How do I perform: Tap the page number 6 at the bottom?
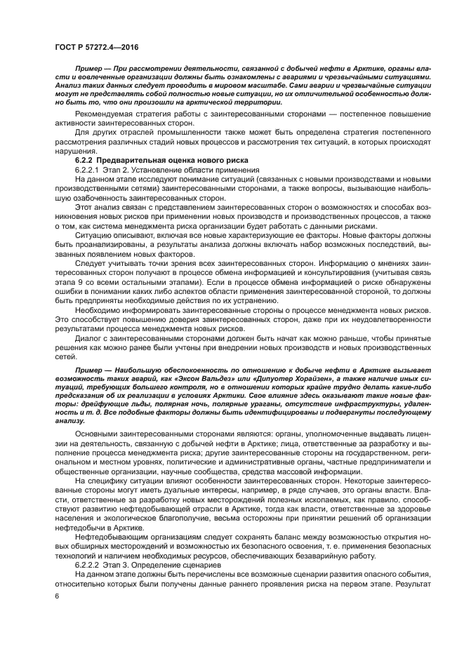coord(57,595)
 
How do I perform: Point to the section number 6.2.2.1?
coord(88,170)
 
